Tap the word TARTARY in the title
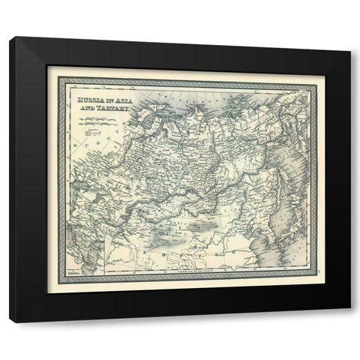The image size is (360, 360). [112, 108]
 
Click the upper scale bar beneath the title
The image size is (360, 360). [92, 118]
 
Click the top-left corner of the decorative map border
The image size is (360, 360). [49, 67]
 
